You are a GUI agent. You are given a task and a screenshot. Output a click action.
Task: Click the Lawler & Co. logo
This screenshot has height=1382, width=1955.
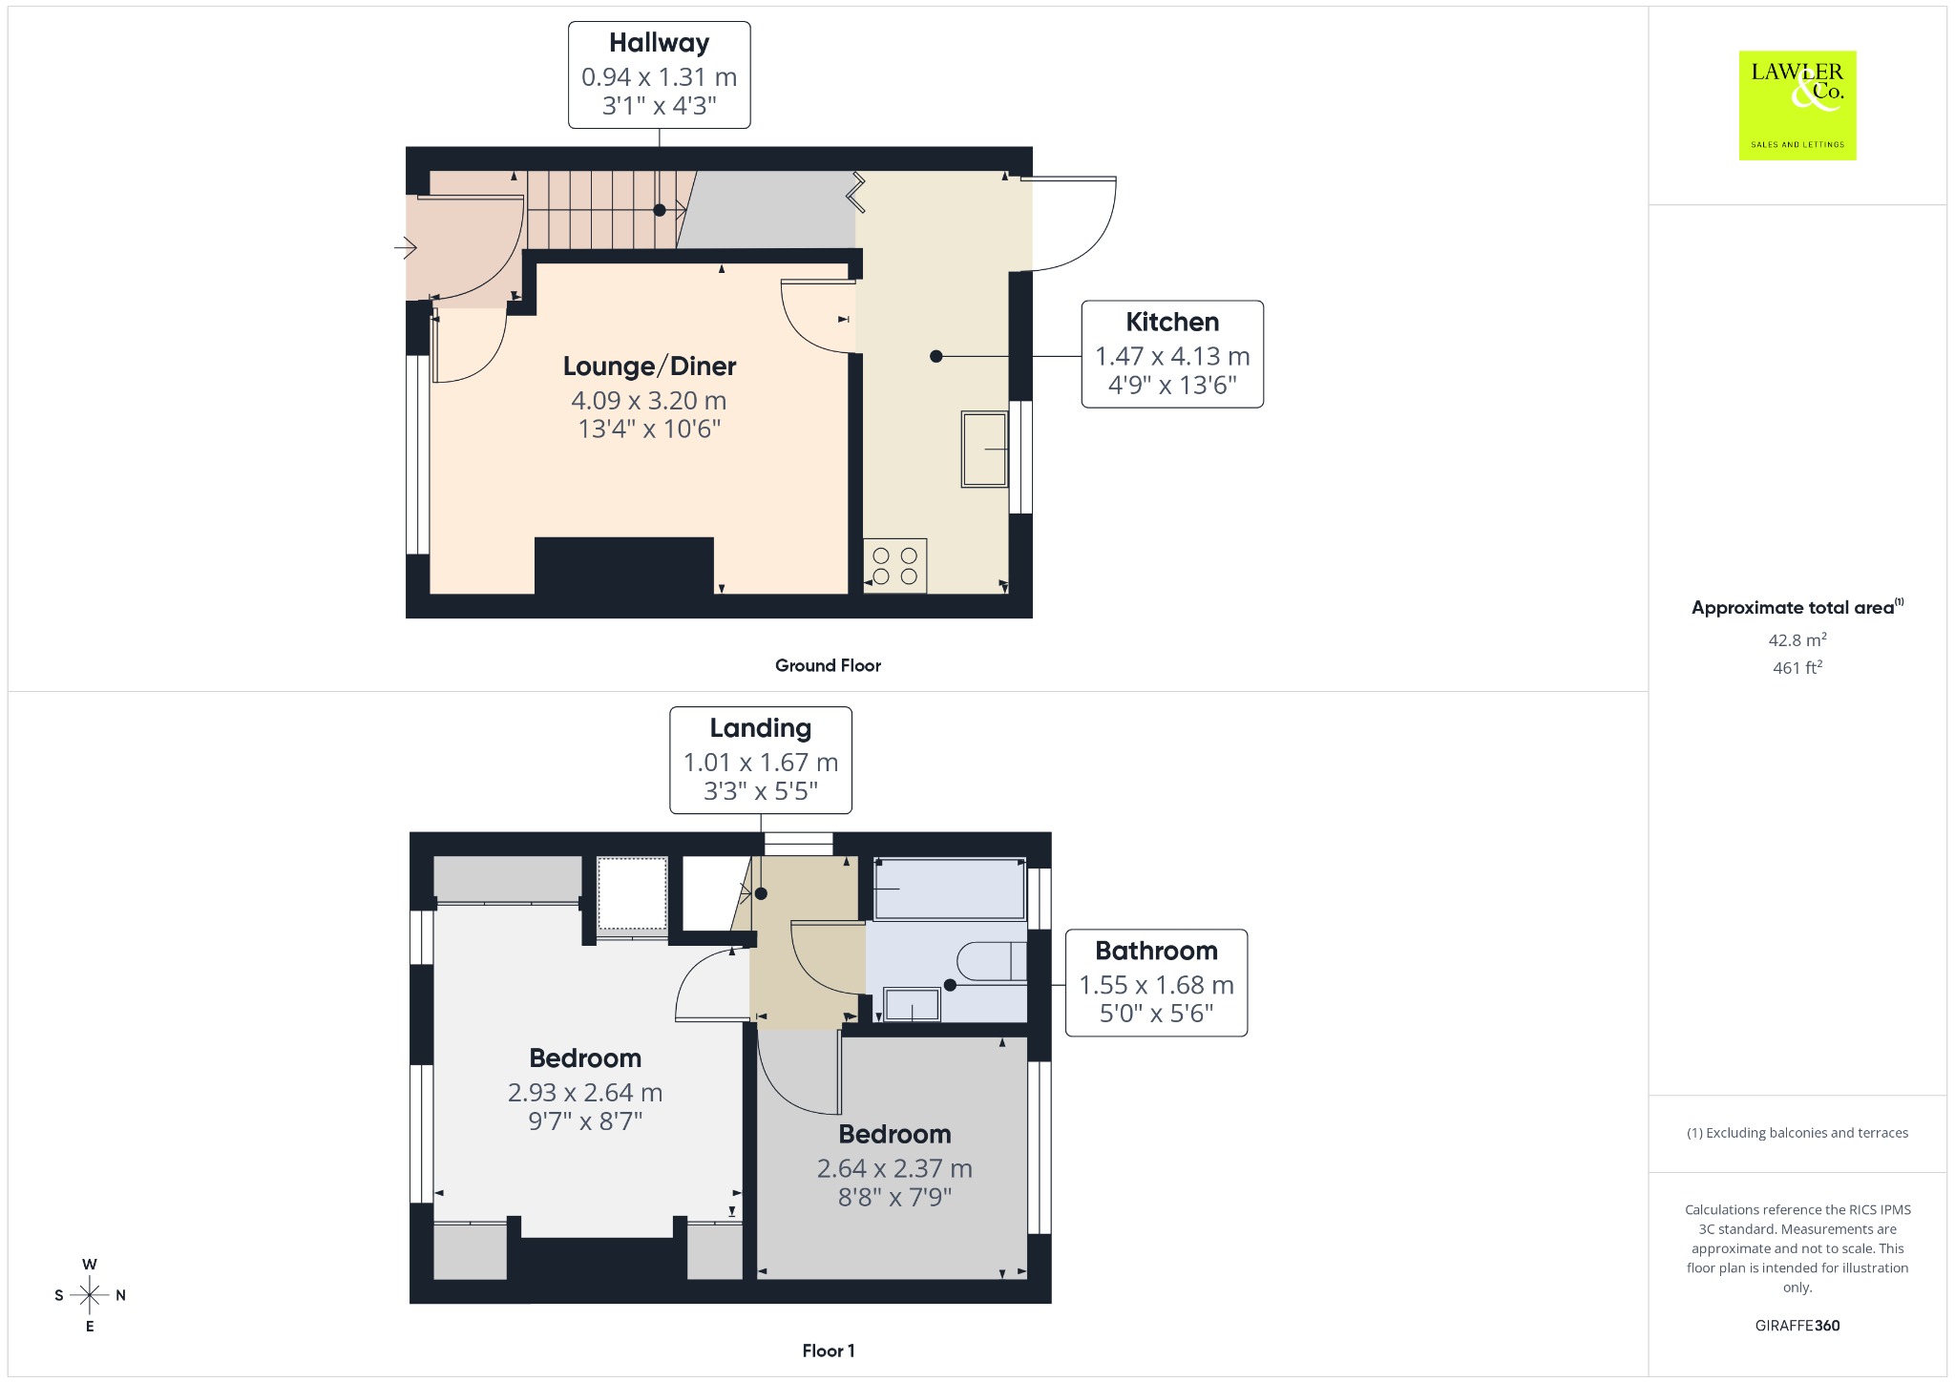coord(1797,105)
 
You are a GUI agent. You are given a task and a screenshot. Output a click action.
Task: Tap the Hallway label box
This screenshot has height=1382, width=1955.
coord(659,74)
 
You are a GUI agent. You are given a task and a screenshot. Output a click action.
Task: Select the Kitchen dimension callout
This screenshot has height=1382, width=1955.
coord(1172,354)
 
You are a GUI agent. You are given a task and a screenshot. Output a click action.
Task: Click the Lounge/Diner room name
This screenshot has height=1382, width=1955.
coord(649,366)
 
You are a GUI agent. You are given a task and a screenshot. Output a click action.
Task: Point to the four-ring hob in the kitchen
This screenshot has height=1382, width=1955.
coord(894,566)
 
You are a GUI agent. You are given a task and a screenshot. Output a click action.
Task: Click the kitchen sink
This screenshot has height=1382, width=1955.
coord(984,450)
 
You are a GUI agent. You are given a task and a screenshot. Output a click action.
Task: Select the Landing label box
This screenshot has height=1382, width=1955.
coord(760,760)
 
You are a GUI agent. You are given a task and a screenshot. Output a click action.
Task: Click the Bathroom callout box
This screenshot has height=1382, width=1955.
coord(1156,982)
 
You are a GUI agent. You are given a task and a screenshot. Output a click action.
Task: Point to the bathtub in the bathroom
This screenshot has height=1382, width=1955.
coord(950,889)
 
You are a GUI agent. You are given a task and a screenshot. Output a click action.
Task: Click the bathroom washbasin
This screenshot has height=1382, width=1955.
coord(912,1005)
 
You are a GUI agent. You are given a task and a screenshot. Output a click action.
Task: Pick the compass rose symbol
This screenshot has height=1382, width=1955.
coord(90,1295)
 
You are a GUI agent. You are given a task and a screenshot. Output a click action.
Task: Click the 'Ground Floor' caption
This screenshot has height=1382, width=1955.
coord(828,665)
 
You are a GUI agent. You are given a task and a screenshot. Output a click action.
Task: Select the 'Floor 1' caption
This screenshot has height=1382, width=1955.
coord(829,1351)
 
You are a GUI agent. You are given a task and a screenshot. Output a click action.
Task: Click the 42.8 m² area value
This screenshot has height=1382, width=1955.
coord(1797,639)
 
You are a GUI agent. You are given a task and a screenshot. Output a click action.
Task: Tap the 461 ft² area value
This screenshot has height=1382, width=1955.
coord(1797,667)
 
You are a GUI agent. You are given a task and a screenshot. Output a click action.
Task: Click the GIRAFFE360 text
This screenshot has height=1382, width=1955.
coord(1797,1325)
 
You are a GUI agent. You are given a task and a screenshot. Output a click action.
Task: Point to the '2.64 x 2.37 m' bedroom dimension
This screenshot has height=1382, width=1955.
coord(894,1168)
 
